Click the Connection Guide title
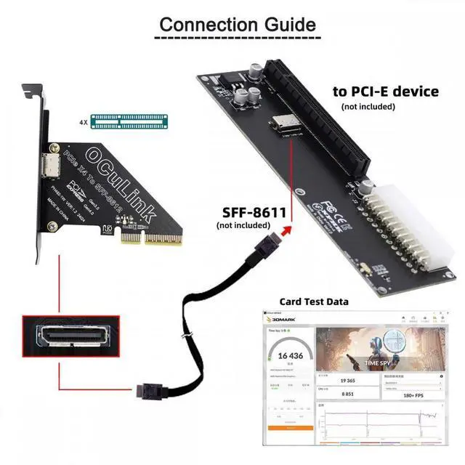click(238, 23)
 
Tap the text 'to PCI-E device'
click(385, 92)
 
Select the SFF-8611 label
click(249, 212)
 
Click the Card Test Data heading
click(314, 302)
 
